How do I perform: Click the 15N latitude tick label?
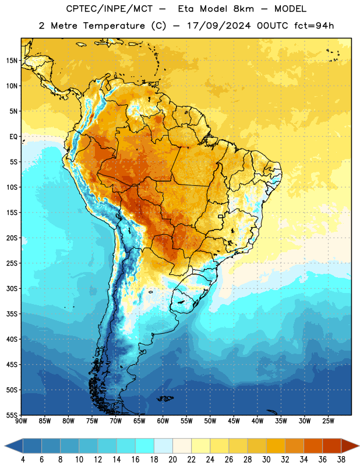click(x=12, y=61)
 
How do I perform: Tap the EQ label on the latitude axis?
click(x=13, y=137)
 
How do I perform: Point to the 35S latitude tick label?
click(x=12, y=314)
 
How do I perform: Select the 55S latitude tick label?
click(x=12, y=415)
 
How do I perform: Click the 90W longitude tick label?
click(x=21, y=421)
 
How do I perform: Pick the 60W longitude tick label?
click(x=163, y=421)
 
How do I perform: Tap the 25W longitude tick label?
click(x=328, y=421)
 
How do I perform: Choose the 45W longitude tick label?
click(x=234, y=421)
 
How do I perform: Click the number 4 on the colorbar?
click(x=23, y=460)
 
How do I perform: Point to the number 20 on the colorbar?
click(x=172, y=460)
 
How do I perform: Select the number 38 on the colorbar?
click(x=341, y=460)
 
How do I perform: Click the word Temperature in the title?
click(x=114, y=26)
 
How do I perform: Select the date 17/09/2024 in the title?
click(x=218, y=26)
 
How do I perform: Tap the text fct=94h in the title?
click(x=314, y=26)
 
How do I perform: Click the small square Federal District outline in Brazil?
click(x=221, y=216)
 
